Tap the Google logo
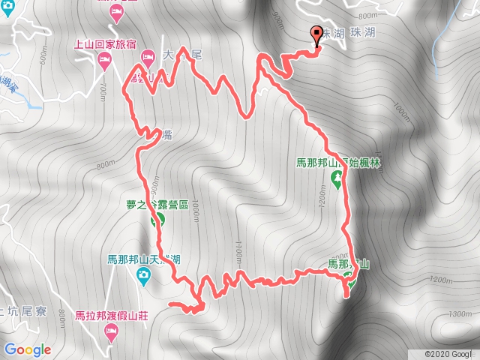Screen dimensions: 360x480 (27, 349)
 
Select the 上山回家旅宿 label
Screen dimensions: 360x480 (106, 44)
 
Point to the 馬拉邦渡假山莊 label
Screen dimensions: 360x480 (112, 315)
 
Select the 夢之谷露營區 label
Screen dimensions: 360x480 (157, 204)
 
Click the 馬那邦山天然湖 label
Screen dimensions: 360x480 (142, 259)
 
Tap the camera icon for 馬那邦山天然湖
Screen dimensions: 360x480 (142, 277)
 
